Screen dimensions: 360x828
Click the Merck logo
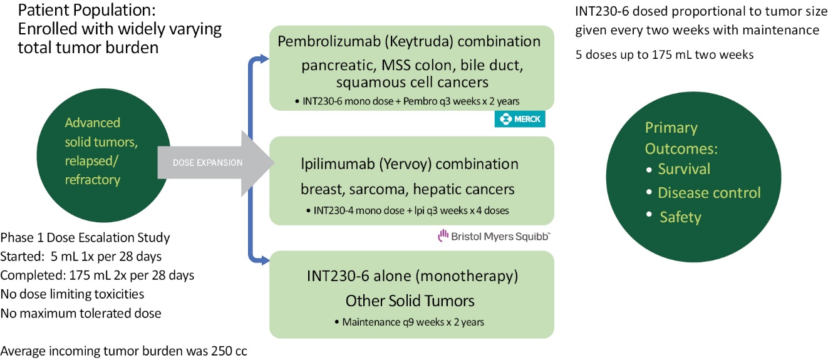520,119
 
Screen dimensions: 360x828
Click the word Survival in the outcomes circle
684,169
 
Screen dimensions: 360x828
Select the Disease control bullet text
709,193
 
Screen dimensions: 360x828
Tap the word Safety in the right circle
680,217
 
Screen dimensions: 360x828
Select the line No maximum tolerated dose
81,313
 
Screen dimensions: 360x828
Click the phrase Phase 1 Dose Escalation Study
85,238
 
